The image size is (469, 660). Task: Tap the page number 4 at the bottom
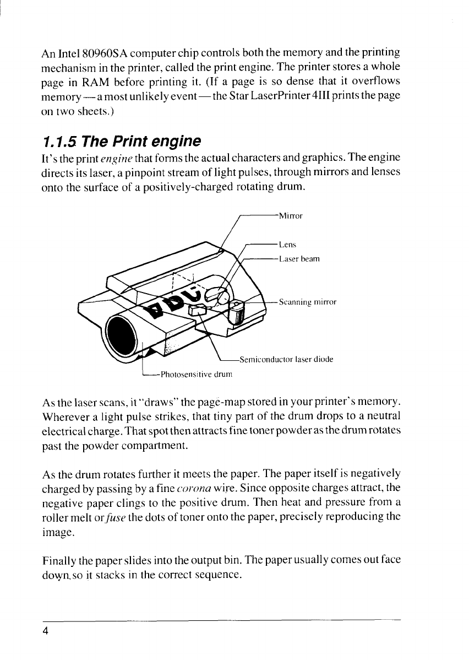coord(47,631)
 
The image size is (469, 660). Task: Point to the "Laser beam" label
coord(299,258)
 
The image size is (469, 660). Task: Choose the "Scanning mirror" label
coord(307,302)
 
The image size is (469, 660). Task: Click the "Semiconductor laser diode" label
coord(286,360)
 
